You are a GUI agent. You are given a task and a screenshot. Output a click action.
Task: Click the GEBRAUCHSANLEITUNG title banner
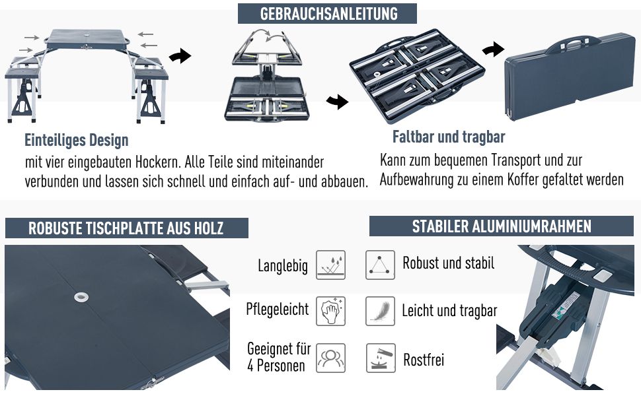327,13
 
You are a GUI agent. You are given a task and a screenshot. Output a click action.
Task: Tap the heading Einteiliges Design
77,140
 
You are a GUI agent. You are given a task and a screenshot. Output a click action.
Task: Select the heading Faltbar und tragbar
449,137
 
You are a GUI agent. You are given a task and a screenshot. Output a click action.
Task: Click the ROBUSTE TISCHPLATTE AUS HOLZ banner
126,228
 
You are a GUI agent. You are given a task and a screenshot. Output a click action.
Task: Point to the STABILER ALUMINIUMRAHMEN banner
501,226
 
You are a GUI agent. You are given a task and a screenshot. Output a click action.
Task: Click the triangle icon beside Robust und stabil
380,265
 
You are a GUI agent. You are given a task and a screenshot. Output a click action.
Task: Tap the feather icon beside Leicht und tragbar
380,311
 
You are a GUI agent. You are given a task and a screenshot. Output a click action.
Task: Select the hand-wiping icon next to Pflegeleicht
330,311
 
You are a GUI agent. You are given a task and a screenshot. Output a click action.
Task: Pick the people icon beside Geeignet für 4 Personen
330,358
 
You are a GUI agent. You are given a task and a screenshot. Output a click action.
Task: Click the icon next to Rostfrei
380,358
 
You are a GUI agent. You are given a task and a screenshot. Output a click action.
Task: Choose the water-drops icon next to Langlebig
330,265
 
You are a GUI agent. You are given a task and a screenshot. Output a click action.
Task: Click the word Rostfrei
424,360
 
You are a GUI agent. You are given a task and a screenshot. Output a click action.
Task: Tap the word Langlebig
283,266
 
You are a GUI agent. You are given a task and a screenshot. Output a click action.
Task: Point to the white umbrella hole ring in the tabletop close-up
81,297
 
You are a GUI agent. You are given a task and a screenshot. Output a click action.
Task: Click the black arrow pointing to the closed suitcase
493,49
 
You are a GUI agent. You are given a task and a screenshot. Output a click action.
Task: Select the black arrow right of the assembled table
180,55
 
